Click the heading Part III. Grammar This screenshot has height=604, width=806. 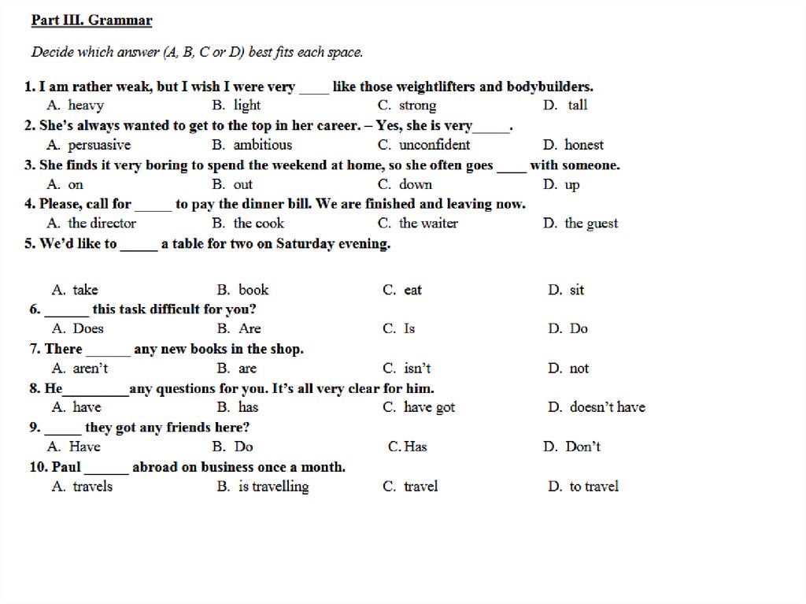[x=92, y=20]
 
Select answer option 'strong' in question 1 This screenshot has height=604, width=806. [x=417, y=106]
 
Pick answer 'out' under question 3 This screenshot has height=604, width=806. [x=243, y=184]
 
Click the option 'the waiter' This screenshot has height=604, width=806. [x=428, y=224]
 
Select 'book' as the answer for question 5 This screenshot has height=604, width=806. [x=253, y=290]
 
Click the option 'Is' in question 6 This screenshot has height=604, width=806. [x=409, y=328]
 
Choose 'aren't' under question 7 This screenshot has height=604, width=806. [x=91, y=369]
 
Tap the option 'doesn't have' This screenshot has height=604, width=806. [x=607, y=407]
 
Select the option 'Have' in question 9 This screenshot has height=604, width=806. [x=84, y=447]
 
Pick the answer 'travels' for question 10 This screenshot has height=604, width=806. [x=92, y=487]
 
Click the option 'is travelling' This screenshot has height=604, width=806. [x=273, y=487]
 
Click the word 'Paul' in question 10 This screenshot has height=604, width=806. [x=66, y=467]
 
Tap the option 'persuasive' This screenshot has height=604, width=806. [x=99, y=145]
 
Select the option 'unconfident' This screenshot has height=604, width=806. [x=434, y=145]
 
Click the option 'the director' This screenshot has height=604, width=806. [x=102, y=224]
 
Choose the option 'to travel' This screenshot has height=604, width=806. [x=593, y=487]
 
